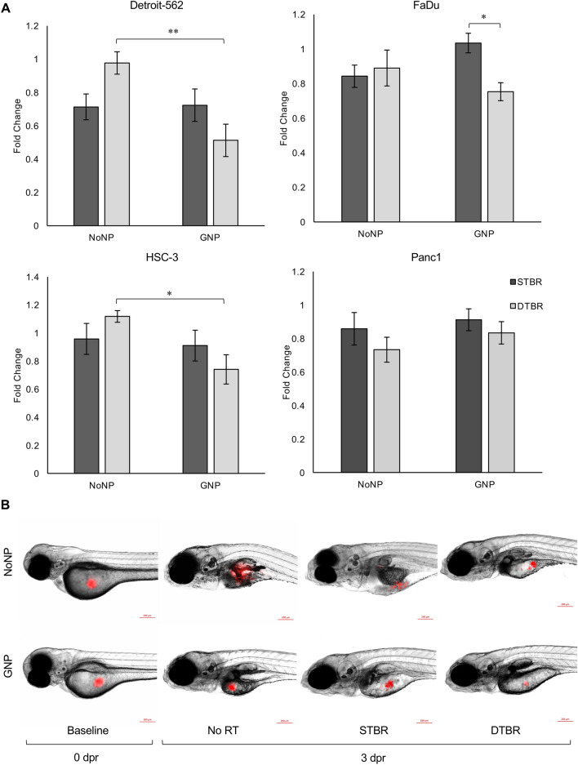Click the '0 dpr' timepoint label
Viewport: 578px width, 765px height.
tap(89, 754)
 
